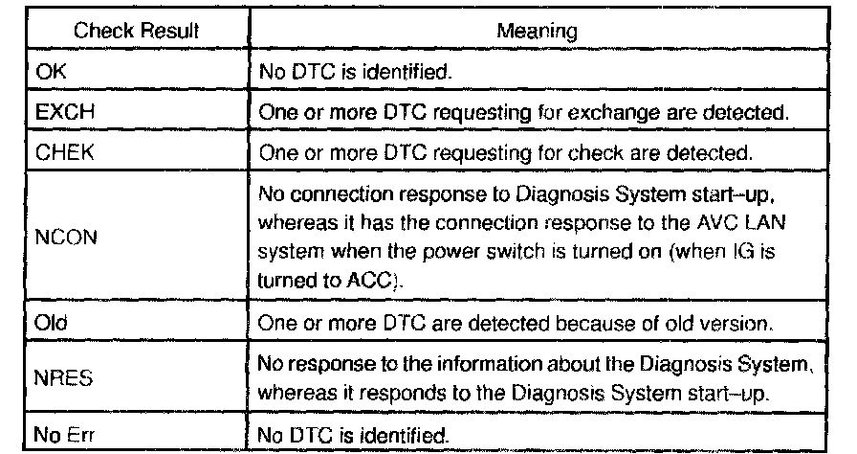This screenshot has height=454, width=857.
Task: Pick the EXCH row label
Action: click(55, 111)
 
